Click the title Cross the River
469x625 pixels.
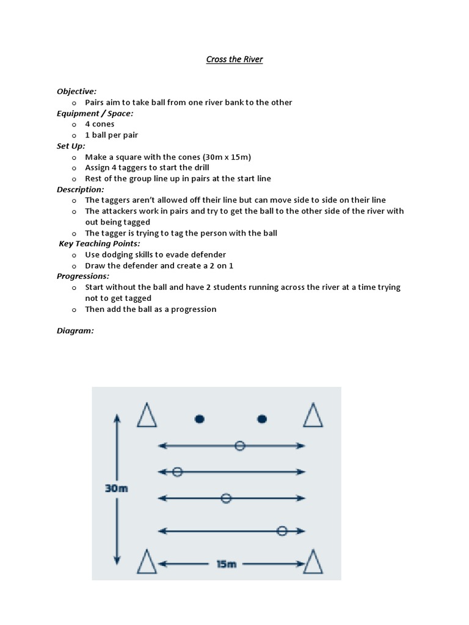point(234,60)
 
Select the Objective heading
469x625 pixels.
point(76,91)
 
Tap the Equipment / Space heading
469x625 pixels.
point(95,113)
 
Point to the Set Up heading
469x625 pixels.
point(71,146)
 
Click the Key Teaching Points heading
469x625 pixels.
point(99,244)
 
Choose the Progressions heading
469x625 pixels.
point(82,276)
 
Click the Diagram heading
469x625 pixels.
point(75,331)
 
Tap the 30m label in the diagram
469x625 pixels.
point(116,488)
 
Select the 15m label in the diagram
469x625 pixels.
point(226,564)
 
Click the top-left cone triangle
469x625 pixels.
point(147,416)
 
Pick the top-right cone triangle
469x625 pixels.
point(313,416)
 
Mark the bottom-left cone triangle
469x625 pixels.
point(147,562)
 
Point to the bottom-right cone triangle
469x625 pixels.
point(313,562)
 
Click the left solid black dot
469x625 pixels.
point(199,419)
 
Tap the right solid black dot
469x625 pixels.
point(262,419)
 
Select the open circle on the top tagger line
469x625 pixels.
point(240,446)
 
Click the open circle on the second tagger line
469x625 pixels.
point(177,472)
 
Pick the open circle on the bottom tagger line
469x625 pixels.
point(282,531)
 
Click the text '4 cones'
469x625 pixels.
point(100,124)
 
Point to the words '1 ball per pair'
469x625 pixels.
point(111,135)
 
